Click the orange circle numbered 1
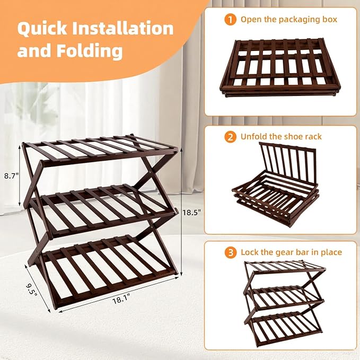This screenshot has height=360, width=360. point(230,20)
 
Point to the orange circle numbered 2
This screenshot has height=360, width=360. point(230,137)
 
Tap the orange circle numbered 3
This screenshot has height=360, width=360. point(230,252)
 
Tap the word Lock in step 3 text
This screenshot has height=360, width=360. point(250,252)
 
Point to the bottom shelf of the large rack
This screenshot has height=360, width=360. point(111,265)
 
